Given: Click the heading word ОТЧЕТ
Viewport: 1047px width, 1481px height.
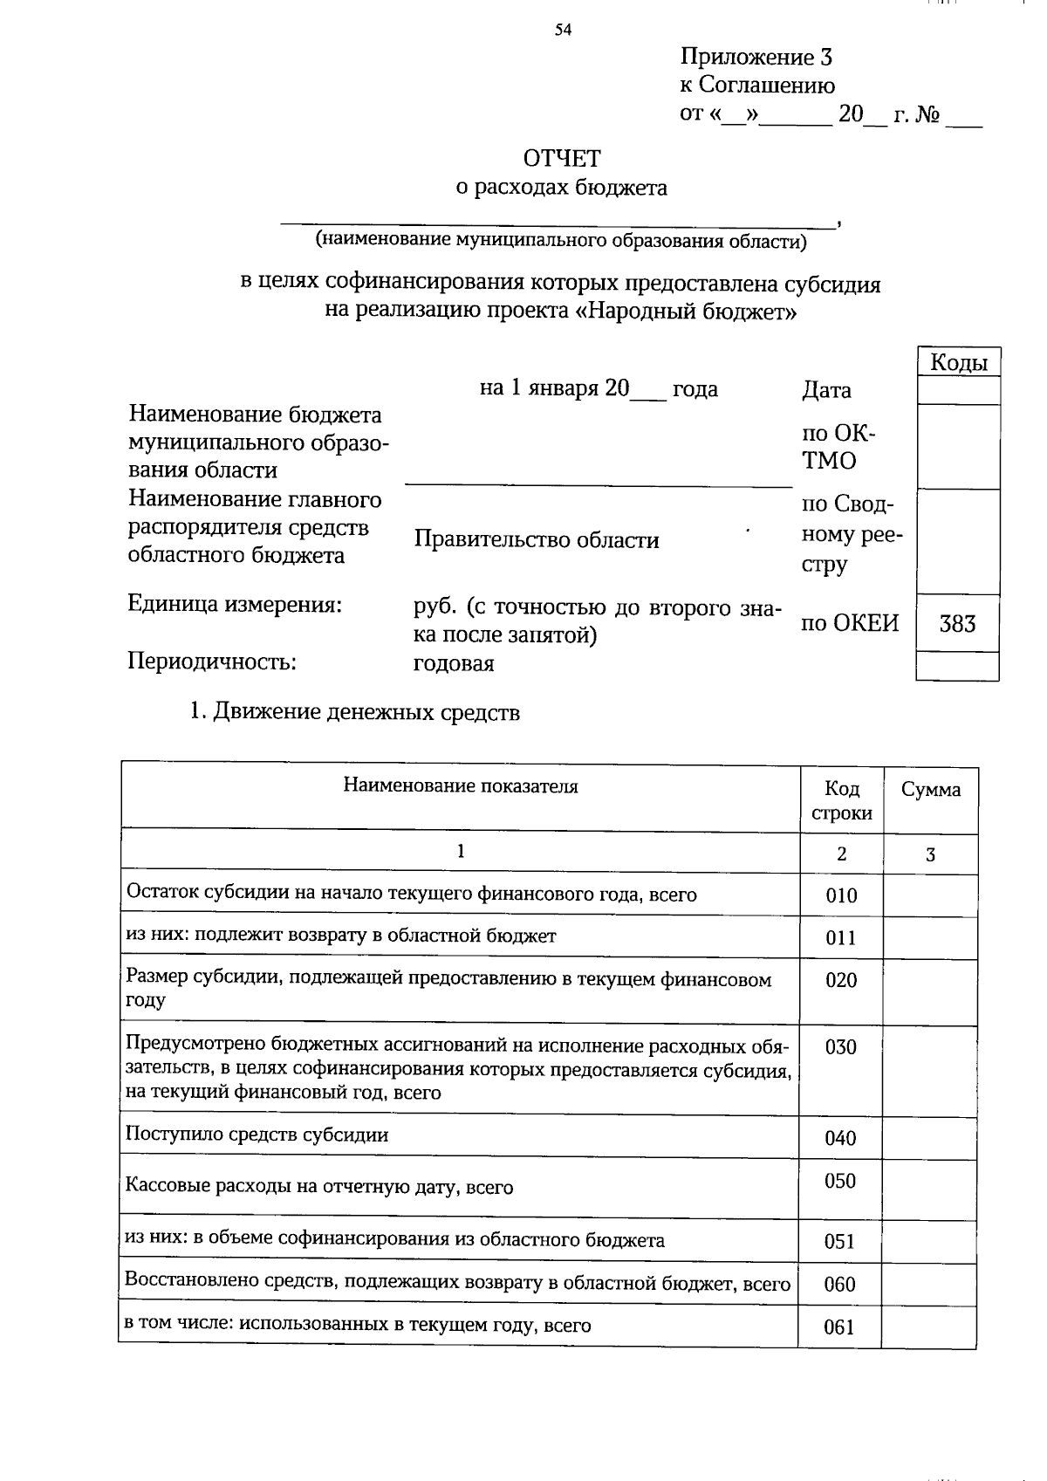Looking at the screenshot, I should tap(562, 159).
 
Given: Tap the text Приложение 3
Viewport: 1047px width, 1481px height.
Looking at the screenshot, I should tap(756, 58).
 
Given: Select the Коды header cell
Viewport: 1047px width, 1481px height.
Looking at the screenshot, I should tap(958, 362).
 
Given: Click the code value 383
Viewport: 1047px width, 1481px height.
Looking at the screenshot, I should tap(957, 623).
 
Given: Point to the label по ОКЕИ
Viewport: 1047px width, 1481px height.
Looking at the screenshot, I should tap(850, 622).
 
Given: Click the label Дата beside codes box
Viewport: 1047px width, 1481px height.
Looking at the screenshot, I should tap(826, 390).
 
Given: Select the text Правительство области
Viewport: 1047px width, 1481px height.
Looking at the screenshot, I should tap(536, 540).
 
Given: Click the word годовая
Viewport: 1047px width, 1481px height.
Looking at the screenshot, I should tap(453, 663).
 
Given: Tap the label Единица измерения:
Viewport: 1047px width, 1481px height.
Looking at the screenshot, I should tap(234, 604).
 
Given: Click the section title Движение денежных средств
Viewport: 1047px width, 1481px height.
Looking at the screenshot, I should tap(366, 712).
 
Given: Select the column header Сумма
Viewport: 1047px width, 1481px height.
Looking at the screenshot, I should tap(931, 790).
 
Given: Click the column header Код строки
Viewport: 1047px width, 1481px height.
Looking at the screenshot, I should tap(842, 800).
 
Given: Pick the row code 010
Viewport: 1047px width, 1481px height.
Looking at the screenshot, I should tap(841, 895).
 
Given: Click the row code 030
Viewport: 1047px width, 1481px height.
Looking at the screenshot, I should tap(841, 1047).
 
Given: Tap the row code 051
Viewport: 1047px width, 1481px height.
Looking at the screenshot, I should tap(839, 1241).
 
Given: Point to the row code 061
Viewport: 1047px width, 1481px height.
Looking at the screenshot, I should tap(839, 1327).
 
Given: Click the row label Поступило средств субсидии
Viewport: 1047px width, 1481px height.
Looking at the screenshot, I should tap(257, 1135).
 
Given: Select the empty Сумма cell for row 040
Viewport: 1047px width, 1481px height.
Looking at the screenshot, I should tap(930, 1137).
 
